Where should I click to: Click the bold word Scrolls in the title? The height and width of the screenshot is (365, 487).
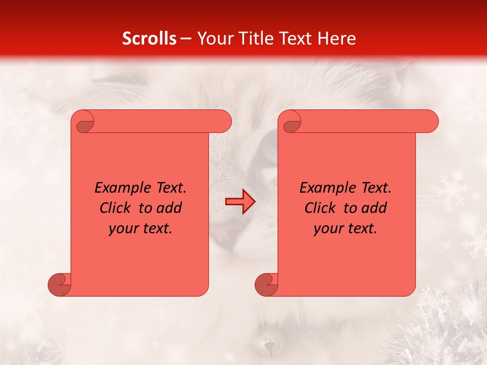(149, 39)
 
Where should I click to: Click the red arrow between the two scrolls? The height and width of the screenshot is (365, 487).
(240, 202)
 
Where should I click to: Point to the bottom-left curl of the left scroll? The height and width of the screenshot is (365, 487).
(59, 284)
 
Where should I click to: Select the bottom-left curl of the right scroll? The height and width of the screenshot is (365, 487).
(266, 284)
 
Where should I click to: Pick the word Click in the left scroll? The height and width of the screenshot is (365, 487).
(118, 208)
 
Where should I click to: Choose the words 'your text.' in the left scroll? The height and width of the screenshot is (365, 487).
(141, 228)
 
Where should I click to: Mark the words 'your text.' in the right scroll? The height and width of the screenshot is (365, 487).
(345, 228)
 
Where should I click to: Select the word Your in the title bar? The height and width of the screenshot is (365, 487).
(212, 39)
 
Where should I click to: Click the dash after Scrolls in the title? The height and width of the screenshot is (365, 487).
(186, 39)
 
